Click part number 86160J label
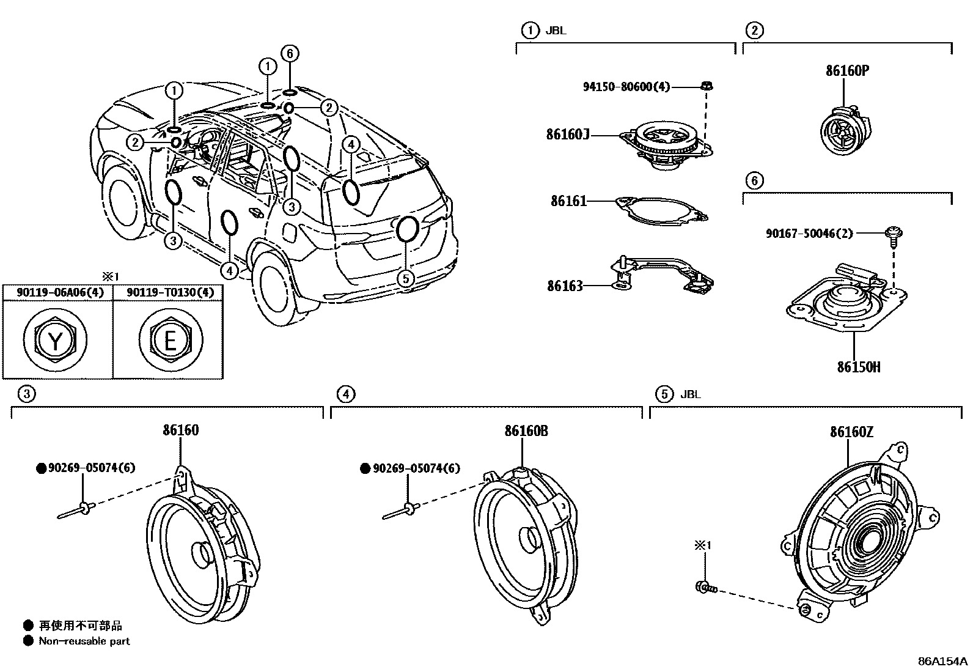[568, 134]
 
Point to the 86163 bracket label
[565, 286]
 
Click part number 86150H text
[859, 367]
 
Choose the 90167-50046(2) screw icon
[893, 234]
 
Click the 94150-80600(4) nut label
[626, 87]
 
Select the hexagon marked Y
[55, 339]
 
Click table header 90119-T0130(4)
[170, 293]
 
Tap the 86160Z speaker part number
[851, 432]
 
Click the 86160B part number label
[526, 430]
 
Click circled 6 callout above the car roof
[290, 54]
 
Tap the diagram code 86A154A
[942, 661]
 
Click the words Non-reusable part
[84, 641]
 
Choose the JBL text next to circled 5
[691, 394]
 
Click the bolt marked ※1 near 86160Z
[705, 588]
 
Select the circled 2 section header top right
[755, 30]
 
